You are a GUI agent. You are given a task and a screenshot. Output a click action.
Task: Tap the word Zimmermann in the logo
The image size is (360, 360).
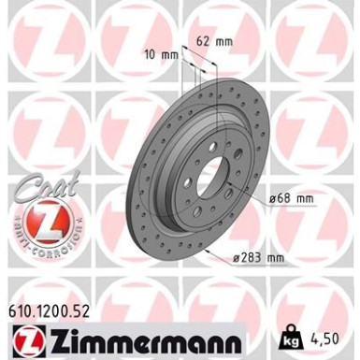136,335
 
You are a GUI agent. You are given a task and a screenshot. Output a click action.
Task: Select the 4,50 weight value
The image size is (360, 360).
336,334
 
